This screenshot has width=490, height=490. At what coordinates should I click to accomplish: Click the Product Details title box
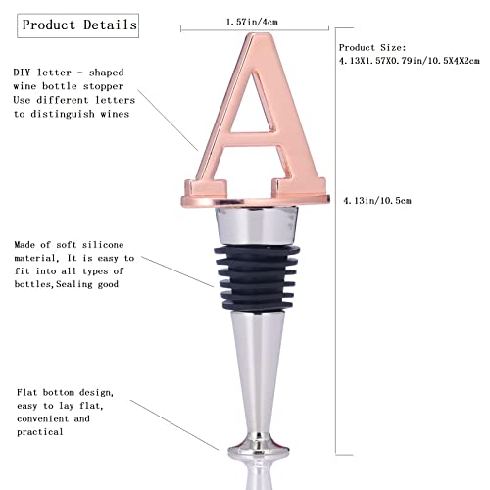coord(77,25)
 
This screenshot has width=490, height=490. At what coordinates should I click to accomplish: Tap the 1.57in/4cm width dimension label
coord(252,22)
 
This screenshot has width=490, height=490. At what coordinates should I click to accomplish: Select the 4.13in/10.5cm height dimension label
coord(377,200)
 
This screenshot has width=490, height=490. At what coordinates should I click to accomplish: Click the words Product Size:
coord(372,48)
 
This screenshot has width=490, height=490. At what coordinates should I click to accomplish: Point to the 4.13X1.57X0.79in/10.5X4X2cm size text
coord(410,61)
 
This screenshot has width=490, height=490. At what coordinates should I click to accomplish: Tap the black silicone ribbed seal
coord(257,277)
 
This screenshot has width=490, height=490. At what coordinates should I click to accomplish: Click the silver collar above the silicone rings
coord(257,225)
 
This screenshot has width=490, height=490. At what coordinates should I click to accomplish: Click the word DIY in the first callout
coord(22,73)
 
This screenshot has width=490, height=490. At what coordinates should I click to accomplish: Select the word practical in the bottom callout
coord(39,432)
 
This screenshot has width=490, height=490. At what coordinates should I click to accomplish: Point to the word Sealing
coord(74,284)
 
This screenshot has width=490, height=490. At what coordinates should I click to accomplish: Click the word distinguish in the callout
coord(63,114)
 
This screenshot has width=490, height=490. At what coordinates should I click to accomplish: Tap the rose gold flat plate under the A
coord(256,200)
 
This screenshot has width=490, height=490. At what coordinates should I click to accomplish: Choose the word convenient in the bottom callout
coord(42,418)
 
